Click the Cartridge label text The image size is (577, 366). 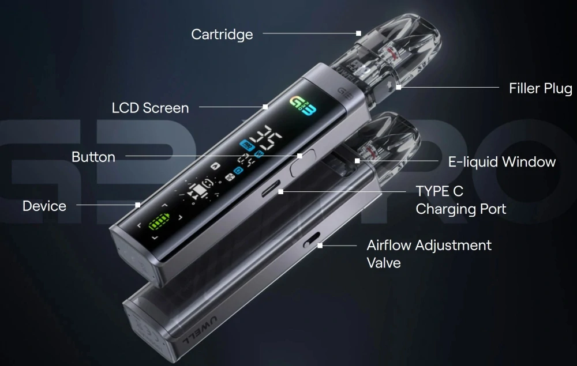(x=222, y=35)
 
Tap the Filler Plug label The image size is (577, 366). (x=540, y=88)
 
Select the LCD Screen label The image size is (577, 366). (x=150, y=108)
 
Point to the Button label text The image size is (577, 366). (x=93, y=157)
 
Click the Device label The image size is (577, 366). (x=44, y=206)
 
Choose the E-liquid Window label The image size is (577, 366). (x=501, y=161)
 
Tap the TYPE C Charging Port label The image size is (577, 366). (x=460, y=199)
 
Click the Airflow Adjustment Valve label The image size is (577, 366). (x=429, y=254)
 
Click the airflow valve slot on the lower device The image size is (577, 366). (x=312, y=241)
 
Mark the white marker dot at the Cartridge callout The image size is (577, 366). (x=358, y=33)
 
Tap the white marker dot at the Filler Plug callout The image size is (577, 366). (x=399, y=88)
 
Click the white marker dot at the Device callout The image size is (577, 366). (x=138, y=205)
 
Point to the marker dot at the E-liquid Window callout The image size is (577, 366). (x=358, y=161)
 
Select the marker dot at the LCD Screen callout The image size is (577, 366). (x=265, y=107)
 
